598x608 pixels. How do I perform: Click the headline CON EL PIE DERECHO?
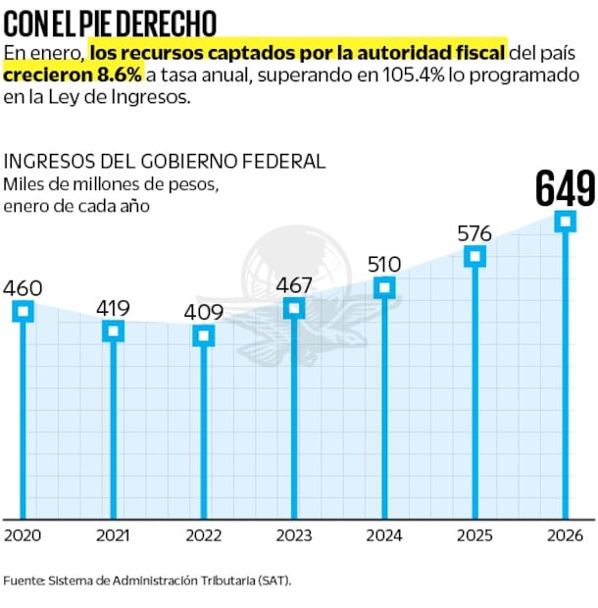tap(111, 22)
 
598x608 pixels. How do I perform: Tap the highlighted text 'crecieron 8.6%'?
tap(74, 75)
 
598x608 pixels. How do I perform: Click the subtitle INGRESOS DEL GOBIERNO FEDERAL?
tap(165, 161)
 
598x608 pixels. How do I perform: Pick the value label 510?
tap(383, 265)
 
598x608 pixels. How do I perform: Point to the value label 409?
tap(203, 313)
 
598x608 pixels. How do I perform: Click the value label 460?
tap(23, 288)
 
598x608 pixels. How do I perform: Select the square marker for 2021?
tap(113, 330)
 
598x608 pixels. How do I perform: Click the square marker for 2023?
tap(294, 308)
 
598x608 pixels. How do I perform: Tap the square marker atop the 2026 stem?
tap(566, 222)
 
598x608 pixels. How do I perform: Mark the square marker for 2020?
tap(23, 311)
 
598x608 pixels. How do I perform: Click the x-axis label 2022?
tap(203, 535)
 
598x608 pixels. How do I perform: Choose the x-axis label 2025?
tap(474, 535)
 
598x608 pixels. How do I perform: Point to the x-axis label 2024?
tap(384, 535)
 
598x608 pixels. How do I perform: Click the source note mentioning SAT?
tap(147, 580)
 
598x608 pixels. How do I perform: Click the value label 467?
tap(294, 285)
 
